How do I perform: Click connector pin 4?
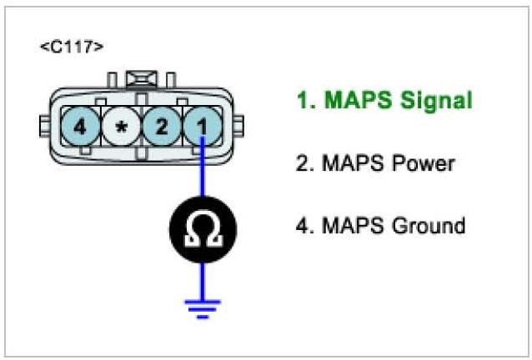[x=80, y=129]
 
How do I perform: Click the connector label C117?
[x=72, y=47]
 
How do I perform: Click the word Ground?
[x=428, y=226]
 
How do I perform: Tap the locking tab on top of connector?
[x=141, y=80]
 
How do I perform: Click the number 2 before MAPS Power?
[x=302, y=163]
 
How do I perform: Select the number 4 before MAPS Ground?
[x=302, y=226]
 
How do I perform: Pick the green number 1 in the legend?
[x=302, y=102]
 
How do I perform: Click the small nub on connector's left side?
[x=44, y=129]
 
